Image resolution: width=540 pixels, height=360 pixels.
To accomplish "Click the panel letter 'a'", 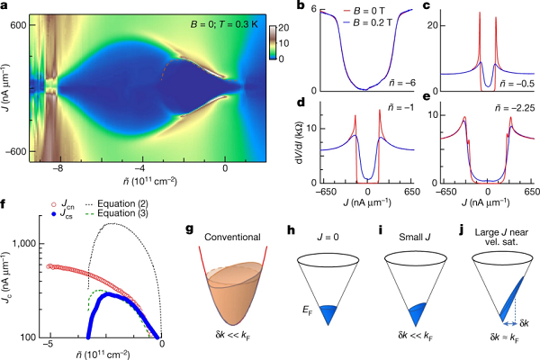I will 6,8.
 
